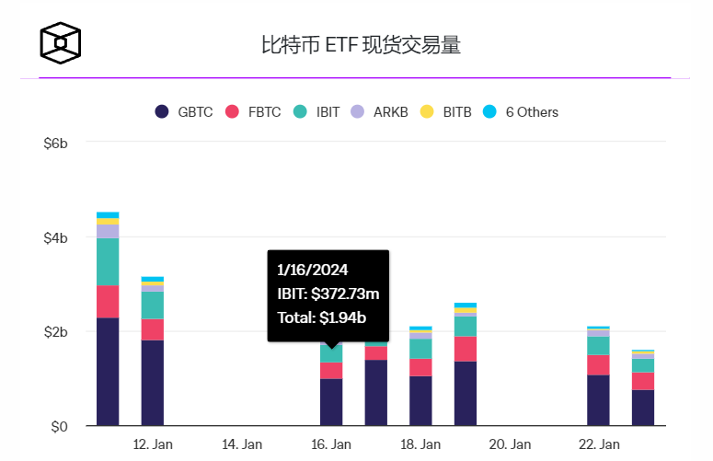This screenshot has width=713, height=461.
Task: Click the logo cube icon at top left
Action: [60, 42]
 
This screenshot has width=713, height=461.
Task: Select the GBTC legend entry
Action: [184, 111]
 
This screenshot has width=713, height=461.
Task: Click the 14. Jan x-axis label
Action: [242, 444]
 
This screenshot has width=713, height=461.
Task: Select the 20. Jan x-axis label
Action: [511, 444]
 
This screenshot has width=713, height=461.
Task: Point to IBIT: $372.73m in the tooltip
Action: [328, 294]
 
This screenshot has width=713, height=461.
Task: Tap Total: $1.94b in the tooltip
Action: [318, 318]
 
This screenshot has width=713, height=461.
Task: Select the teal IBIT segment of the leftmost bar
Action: [108, 261]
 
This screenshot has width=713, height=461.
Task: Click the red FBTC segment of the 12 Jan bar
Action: [153, 329]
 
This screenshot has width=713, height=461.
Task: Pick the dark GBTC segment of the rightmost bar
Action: [643, 408]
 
